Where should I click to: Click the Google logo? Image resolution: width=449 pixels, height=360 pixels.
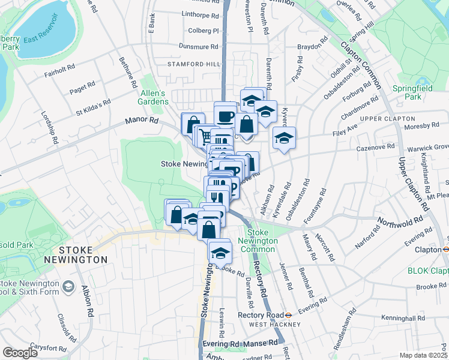20,353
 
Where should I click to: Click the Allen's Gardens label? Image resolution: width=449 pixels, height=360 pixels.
154,97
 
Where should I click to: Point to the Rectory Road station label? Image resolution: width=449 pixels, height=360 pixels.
260,315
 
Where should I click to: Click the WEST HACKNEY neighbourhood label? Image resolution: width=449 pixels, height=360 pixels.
275,325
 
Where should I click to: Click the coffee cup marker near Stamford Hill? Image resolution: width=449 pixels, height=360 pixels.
225,115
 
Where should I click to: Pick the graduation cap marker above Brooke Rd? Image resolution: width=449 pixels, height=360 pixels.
220,251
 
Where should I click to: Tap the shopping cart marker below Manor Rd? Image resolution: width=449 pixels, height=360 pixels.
205,136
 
